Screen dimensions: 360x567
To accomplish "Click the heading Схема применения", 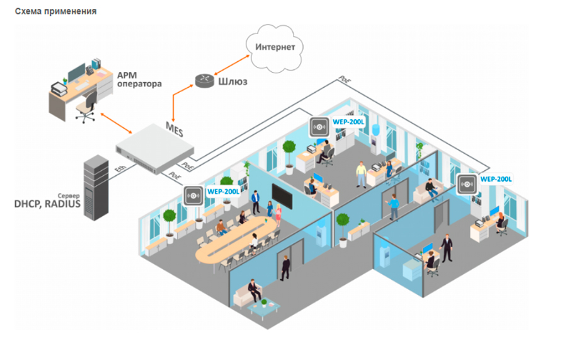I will coord(55,12).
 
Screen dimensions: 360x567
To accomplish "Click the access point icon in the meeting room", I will coord(193,195).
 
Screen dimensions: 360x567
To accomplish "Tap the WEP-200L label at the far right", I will coord(496,179).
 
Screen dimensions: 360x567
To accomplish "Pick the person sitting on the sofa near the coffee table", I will coord(253,291).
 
